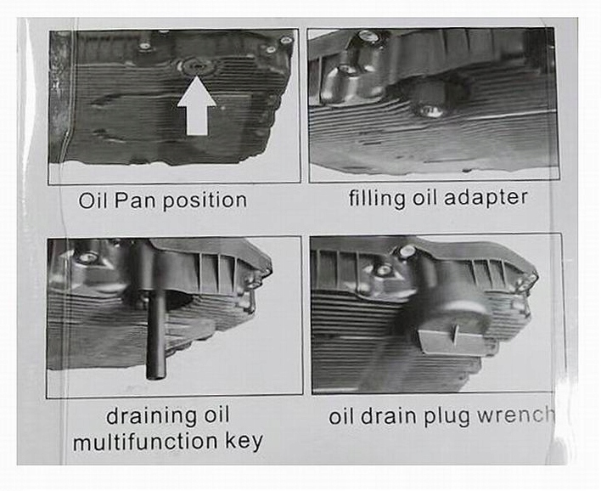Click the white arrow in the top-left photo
(x=197, y=107)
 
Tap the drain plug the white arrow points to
(x=197, y=66)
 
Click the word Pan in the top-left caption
(x=136, y=200)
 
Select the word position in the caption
(x=205, y=201)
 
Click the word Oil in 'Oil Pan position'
(x=94, y=200)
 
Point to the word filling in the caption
(x=376, y=198)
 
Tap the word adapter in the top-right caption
(x=486, y=198)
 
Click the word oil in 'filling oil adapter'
(x=424, y=198)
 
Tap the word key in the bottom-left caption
(x=244, y=442)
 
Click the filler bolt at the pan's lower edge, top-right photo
(x=432, y=110)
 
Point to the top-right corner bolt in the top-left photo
(x=286, y=40)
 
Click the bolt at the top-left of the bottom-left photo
(x=87, y=257)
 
